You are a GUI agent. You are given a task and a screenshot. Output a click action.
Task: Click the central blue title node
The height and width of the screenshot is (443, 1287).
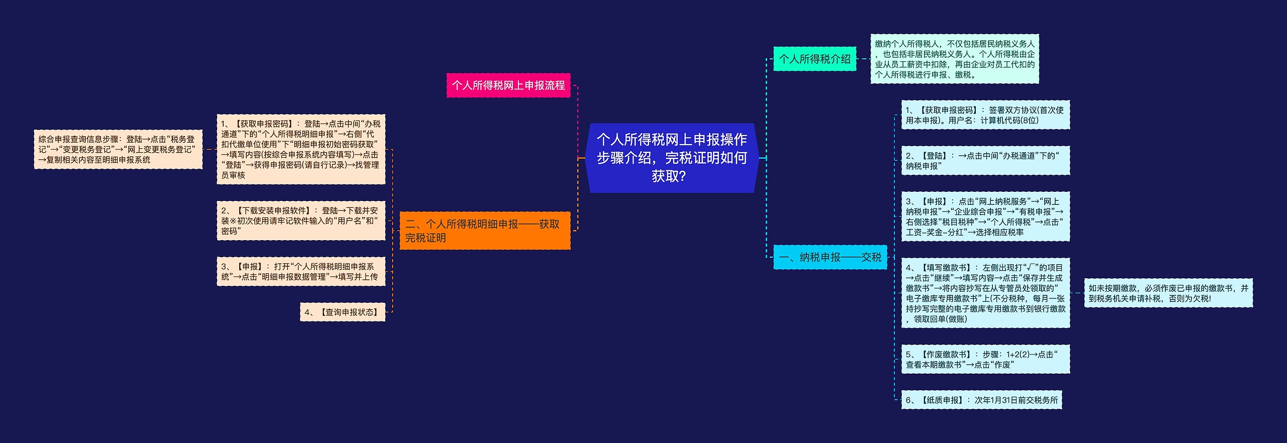click(x=672, y=158)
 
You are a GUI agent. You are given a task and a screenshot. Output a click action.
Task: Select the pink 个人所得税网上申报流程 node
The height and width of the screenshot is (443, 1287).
click(x=508, y=85)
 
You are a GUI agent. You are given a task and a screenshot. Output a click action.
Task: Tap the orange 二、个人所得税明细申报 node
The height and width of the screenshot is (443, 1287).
click(x=485, y=231)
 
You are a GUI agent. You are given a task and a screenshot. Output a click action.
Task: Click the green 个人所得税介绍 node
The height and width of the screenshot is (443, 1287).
click(x=814, y=59)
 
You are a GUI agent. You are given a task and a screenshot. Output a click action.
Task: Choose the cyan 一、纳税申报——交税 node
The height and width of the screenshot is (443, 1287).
click(x=830, y=257)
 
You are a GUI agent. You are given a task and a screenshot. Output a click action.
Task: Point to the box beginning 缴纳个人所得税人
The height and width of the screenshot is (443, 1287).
click(x=954, y=59)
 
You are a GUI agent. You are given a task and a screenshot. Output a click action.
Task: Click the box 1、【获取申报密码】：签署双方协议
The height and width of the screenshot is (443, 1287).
click(x=985, y=115)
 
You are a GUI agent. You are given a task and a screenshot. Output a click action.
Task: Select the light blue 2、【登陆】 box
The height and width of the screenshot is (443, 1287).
click(x=985, y=161)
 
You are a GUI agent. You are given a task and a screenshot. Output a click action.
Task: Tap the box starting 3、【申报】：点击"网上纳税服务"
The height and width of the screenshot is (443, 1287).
click(x=985, y=216)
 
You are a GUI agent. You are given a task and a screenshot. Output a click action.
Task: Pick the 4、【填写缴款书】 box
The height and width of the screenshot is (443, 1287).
click(x=985, y=293)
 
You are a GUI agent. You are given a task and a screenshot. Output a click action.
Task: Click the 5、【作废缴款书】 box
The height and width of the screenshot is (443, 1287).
click(x=985, y=359)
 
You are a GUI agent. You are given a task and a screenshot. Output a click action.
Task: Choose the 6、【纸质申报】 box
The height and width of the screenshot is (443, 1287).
click(x=981, y=400)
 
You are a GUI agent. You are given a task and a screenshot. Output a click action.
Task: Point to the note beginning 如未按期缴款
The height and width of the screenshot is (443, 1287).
click(x=1168, y=293)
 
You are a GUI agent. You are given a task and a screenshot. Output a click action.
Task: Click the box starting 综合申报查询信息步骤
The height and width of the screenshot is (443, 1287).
click(x=118, y=149)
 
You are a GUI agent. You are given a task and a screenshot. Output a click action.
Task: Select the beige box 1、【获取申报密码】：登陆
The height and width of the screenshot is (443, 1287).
click(x=301, y=149)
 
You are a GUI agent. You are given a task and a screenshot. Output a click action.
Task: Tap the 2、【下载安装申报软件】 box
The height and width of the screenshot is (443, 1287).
click(x=301, y=220)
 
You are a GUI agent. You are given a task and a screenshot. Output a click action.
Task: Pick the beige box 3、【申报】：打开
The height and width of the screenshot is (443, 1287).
click(x=301, y=271)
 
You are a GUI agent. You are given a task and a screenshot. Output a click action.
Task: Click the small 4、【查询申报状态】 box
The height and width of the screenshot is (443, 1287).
click(x=342, y=312)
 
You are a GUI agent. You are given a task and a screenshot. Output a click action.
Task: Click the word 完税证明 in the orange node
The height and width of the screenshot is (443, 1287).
click(x=426, y=238)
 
